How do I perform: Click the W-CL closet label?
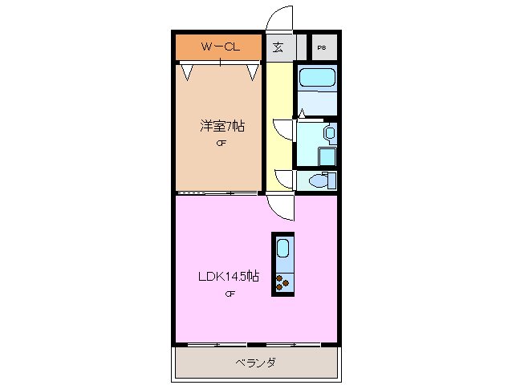[219, 47]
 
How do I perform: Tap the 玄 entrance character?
[278, 47]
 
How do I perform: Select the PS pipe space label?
[322, 47]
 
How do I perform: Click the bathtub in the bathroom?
[316, 79]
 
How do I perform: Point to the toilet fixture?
[319, 180]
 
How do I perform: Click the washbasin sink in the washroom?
[329, 132]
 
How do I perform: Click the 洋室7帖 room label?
[222, 126]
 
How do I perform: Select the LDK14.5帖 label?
[229, 277]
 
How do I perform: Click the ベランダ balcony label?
[255, 363]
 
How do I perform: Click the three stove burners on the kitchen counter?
[282, 281]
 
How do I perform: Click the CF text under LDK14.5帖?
[230, 294]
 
